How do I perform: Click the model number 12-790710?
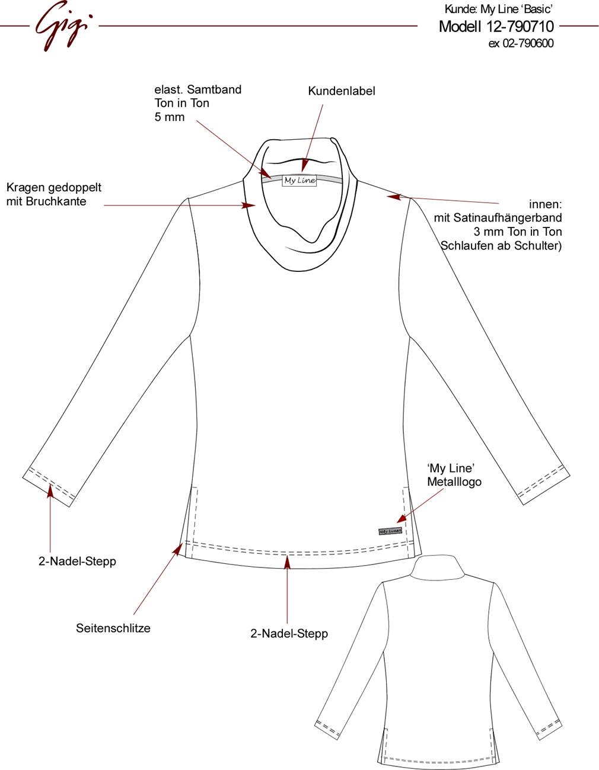pyautogui.click(x=520, y=27)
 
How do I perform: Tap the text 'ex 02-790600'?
pyautogui.click(x=521, y=43)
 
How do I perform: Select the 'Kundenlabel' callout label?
pyautogui.click(x=341, y=91)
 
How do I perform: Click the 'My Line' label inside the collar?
pyautogui.click(x=299, y=181)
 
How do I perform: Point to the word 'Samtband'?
pyautogui.click(x=214, y=89)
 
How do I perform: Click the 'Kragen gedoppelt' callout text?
pyautogui.click(x=54, y=187)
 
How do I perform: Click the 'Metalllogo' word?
pyautogui.click(x=454, y=482)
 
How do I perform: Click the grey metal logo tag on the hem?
pyautogui.click(x=390, y=531)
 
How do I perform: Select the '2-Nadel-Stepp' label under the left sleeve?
pyautogui.click(x=77, y=562)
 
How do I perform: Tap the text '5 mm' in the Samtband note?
pyautogui.click(x=170, y=117)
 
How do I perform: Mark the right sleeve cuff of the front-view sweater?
pyautogui.click(x=543, y=484)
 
